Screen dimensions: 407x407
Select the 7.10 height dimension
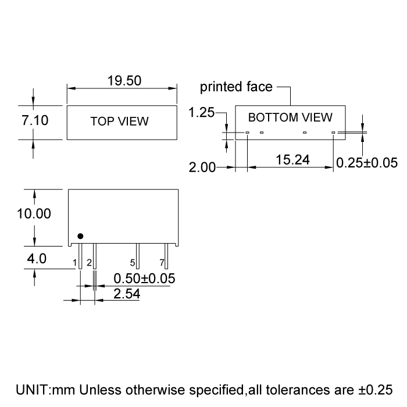pos(35,121)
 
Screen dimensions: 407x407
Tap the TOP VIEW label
pos(120,122)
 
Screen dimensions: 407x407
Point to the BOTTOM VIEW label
pos(290,117)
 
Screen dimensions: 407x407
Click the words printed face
pos(236,87)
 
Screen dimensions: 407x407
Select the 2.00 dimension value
pos(202,168)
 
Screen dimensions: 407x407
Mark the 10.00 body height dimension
pos(34,213)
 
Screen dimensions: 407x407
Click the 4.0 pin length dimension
pos(36,259)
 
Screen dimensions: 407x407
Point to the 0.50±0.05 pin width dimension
pos(144,279)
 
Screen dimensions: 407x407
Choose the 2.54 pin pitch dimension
pos(127,294)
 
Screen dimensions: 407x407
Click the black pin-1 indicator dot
pos(80,235)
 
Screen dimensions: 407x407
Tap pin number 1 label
pos(75,263)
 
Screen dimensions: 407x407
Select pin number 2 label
pos(89,263)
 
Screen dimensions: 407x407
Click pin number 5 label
pos(133,263)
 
